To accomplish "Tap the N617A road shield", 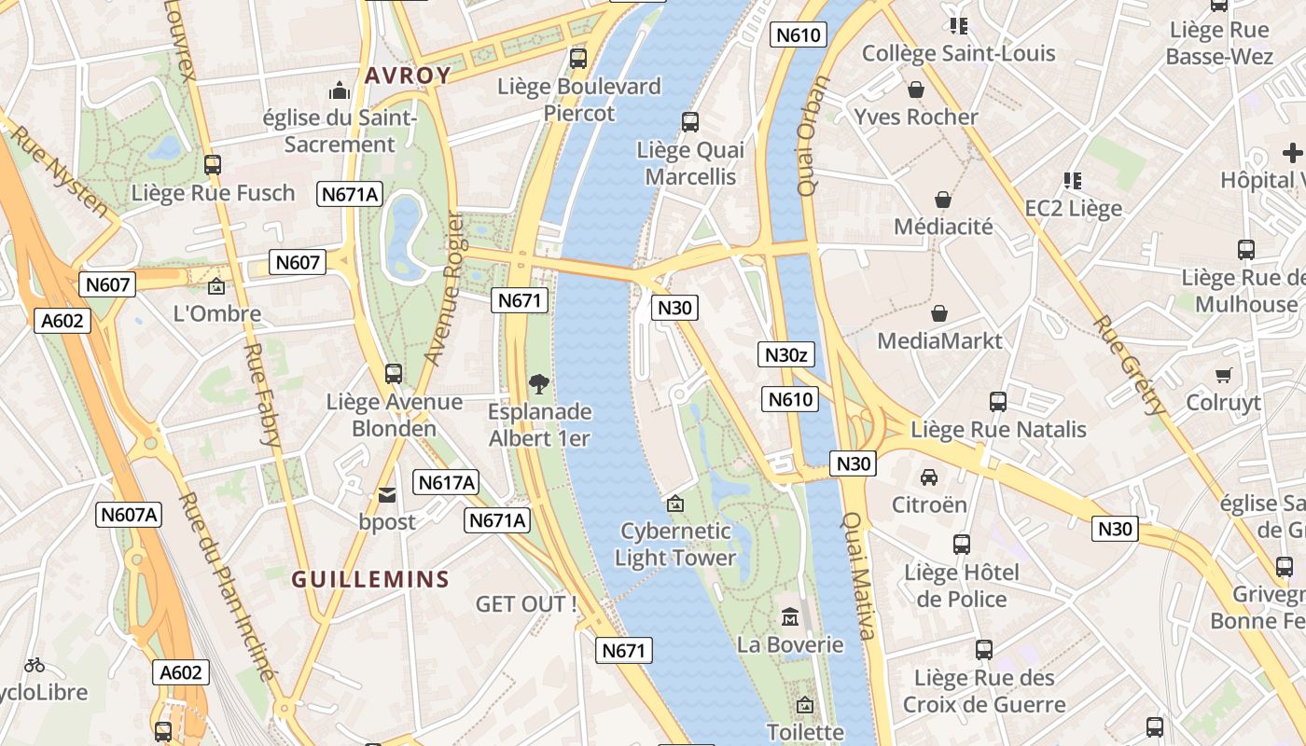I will point(447,482).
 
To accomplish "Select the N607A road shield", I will point(130,514).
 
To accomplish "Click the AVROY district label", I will point(408,76).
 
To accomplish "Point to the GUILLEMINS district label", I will point(370,579).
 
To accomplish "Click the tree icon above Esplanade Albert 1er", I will point(538,382).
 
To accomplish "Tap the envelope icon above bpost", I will point(386,495).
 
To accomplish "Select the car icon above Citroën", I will point(929,477).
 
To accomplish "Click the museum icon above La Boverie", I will point(790,616).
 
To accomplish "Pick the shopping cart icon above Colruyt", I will point(1223,375).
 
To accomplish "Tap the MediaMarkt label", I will point(939,340).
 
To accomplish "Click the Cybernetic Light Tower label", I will point(675,545).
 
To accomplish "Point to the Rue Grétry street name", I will point(1130,366).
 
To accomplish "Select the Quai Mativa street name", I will point(859,576).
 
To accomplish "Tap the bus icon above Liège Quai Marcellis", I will point(690,121).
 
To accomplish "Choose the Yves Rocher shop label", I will point(916,117).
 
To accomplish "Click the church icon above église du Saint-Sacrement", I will point(339,90).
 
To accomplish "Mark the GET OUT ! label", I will point(525,604).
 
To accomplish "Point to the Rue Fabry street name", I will point(262,394).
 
